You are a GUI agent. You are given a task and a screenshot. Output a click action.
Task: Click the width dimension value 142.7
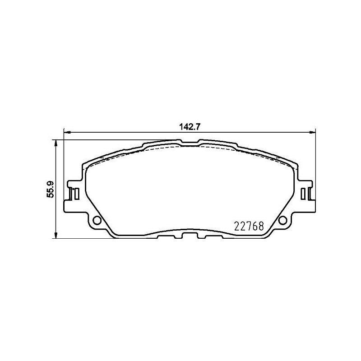[189, 127]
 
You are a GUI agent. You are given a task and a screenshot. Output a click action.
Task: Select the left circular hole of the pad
[96, 221]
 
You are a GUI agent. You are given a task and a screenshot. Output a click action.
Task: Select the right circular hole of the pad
[283, 221]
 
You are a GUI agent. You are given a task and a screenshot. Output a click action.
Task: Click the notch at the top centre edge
[189, 144]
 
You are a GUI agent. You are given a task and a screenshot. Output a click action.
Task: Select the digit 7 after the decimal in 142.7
[197, 127]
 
